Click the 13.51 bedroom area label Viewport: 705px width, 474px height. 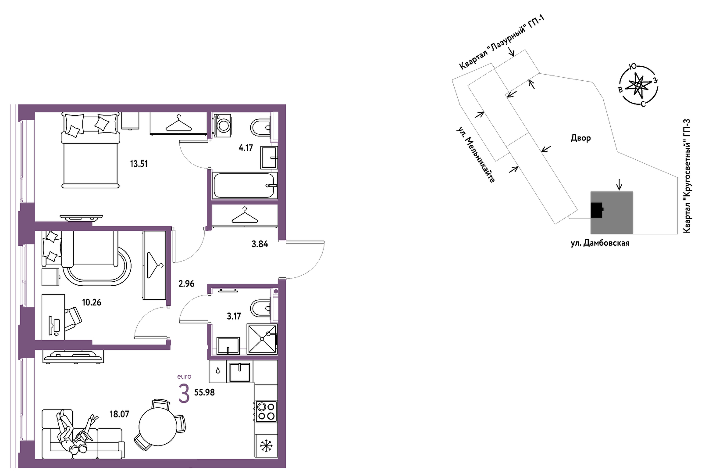click(139, 164)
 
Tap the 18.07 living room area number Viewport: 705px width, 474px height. click(119, 414)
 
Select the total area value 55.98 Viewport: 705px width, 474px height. click(205, 392)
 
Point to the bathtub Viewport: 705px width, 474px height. click(245, 185)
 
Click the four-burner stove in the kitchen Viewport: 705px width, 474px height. click(266, 411)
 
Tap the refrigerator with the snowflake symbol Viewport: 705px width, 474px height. click(266, 446)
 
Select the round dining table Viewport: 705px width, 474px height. click(158, 425)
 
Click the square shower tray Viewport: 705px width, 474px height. click(262, 338)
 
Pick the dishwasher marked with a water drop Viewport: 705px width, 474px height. click(218, 371)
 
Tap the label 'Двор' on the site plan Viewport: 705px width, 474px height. click(580, 138)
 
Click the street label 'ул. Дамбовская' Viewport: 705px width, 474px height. click(600, 243)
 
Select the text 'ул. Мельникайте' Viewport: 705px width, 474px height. click(476, 155)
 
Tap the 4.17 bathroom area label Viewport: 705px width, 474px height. click(246, 148)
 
